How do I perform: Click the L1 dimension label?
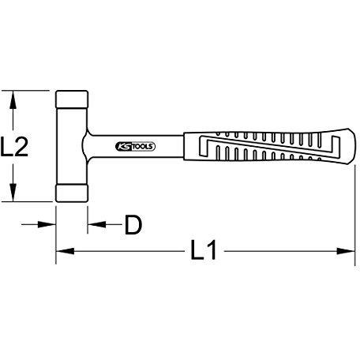[204, 252]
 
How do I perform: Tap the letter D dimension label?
[133, 225]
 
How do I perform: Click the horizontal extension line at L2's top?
[32, 90]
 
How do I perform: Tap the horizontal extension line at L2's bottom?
[32, 204]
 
